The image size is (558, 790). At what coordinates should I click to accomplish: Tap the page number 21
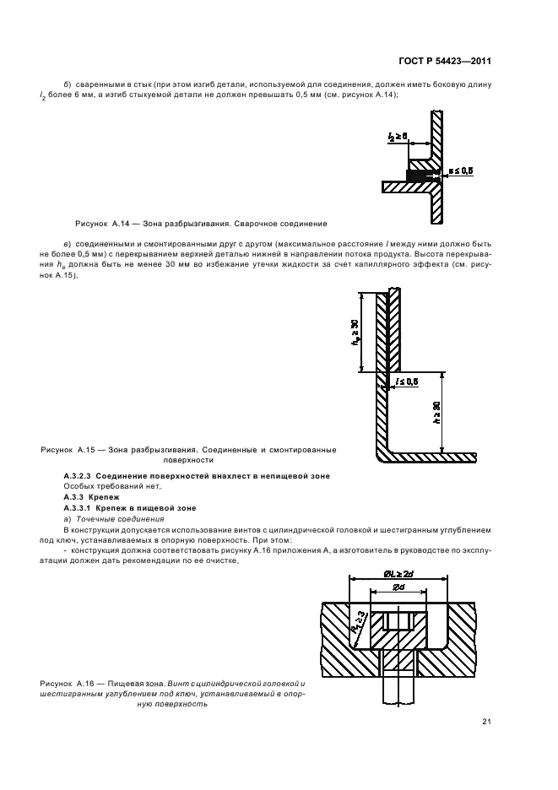(x=486, y=721)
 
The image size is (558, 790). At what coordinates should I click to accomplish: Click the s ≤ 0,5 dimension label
(x=460, y=171)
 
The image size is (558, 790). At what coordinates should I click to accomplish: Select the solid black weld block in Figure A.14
(x=417, y=176)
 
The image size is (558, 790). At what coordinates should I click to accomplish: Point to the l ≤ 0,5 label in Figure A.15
(x=408, y=382)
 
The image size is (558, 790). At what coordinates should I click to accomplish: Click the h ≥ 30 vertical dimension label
(x=436, y=414)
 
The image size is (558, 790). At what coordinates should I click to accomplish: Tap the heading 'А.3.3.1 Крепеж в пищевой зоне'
(x=124, y=509)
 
